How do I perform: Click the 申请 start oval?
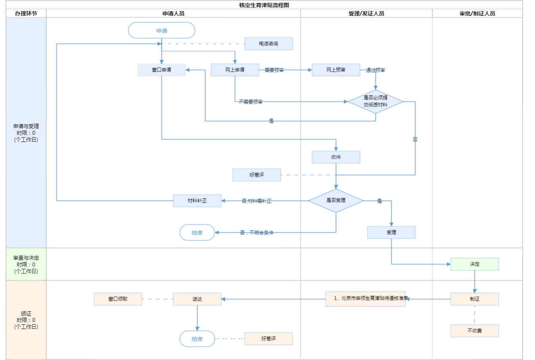(161, 31)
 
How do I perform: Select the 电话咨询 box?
(268, 44)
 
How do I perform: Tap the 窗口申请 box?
(161, 70)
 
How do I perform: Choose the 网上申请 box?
(235, 70)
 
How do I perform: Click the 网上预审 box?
(336, 70)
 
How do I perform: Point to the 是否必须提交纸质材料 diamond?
(375, 101)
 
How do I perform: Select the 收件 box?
(336, 157)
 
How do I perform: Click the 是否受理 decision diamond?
(336, 201)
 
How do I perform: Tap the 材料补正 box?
(197, 201)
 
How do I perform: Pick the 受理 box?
(391, 232)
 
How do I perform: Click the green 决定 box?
(474, 264)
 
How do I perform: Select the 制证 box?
(474, 299)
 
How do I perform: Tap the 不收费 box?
(474, 331)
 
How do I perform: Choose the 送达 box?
(197, 299)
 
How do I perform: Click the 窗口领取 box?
(118, 299)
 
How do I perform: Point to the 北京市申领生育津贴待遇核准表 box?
(365, 299)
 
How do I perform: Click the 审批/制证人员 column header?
(477, 13)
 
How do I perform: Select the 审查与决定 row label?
(26, 264)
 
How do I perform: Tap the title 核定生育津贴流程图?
(264, 5)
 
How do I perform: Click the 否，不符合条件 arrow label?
(256, 233)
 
